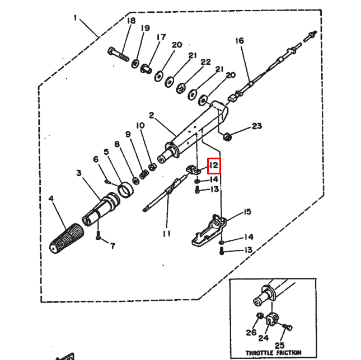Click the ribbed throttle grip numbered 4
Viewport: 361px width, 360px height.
(x=65, y=238)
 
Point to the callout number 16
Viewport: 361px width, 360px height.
(x=240, y=41)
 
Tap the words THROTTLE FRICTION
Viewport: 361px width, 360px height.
(x=274, y=353)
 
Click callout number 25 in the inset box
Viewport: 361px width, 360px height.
(x=279, y=345)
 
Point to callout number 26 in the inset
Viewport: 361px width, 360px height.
(x=250, y=334)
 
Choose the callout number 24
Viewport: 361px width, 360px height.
(x=263, y=338)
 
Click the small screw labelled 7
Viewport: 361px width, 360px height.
(x=99, y=237)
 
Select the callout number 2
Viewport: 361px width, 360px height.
(x=151, y=115)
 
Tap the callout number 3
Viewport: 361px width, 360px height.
(x=79, y=174)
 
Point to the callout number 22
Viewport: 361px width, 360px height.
(x=205, y=62)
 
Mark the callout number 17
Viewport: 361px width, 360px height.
(x=161, y=37)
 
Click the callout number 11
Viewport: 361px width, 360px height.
(x=166, y=233)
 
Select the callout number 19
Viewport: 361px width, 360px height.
(x=146, y=28)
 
